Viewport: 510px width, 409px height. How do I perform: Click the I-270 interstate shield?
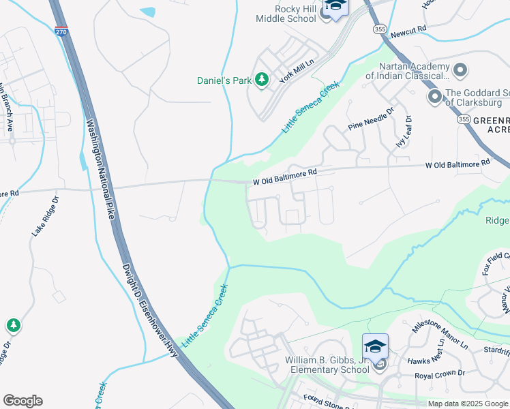pos(61,31)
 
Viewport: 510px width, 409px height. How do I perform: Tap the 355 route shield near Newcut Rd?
pos(380,29)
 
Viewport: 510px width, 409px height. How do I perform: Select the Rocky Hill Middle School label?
pos(286,14)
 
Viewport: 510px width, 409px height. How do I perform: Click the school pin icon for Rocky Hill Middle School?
pos(335,7)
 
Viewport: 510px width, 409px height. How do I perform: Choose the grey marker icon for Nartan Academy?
pos(460,70)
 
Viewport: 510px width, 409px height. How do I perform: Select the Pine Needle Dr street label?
pos(372,119)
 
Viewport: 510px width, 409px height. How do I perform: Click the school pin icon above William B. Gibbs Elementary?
pos(374,346)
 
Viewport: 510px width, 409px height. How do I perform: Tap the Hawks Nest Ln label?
pos(428,361)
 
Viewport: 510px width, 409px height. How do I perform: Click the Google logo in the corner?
pos(22,401)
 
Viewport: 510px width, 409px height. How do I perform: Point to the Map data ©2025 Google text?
pos(467,404)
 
